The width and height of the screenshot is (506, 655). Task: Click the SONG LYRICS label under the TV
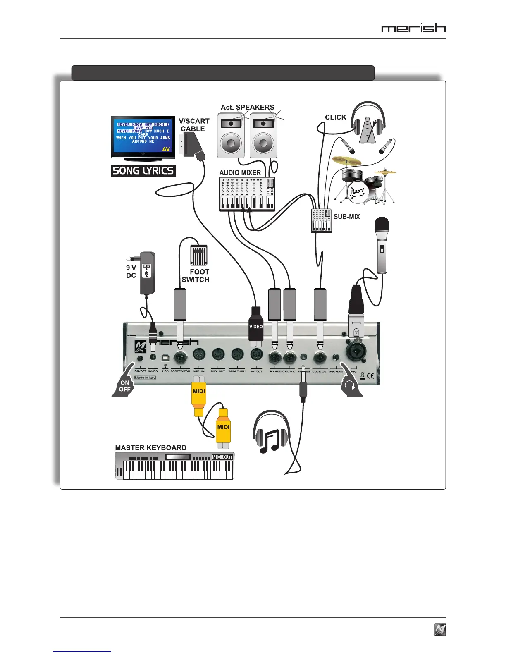pos(143,170)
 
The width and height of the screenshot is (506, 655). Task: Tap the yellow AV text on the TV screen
pos(166,149)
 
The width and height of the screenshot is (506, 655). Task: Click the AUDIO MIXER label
pos(240,172)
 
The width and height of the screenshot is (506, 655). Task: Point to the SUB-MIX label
pos(346,217)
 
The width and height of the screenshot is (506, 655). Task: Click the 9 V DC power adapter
pos(147,273)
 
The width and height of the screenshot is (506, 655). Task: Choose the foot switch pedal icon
pos(198,256)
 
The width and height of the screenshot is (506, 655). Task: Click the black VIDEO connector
pos(256,326)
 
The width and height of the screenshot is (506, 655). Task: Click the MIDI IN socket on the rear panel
pos(199,355)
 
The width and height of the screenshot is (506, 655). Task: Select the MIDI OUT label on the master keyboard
pos(222,457)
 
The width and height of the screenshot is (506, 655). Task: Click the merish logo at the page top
pos(413,28)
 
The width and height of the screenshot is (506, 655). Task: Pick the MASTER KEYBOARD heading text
pos(150,448)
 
